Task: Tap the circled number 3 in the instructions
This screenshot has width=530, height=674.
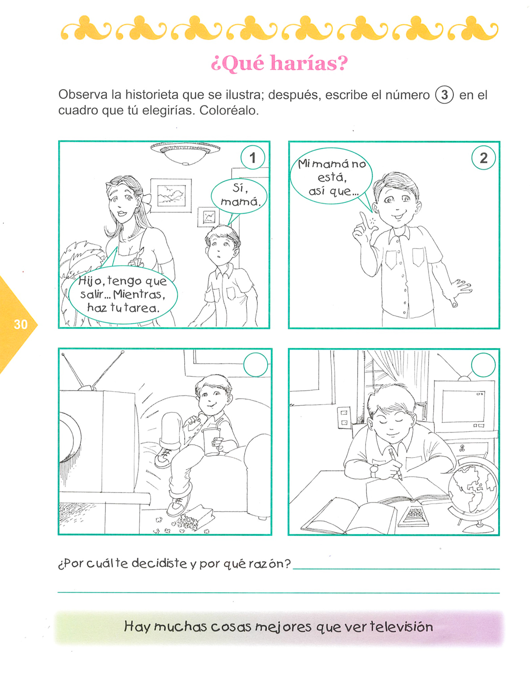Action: tap(444, 95)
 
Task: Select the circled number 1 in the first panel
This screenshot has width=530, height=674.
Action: tap(252, 158)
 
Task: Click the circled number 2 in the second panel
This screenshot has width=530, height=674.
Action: tap(483, 158)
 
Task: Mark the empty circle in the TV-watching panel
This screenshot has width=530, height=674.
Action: tap(256, 364)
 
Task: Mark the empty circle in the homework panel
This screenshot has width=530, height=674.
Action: tap(483, 365)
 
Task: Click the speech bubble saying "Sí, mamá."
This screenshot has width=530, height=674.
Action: tap(239, 197)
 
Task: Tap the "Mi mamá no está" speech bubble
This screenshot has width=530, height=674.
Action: tap(331, 176)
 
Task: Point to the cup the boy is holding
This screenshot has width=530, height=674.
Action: tap(211, 442)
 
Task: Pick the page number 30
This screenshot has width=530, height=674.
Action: tap(21, 324)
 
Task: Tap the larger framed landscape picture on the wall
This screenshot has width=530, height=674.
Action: tap(171, 196)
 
